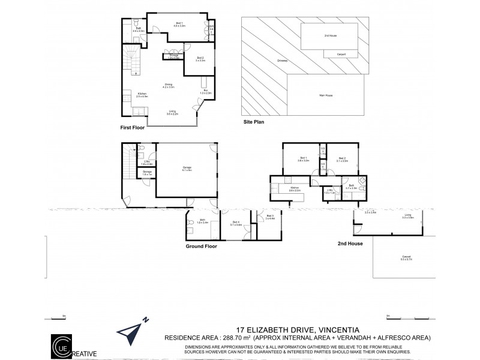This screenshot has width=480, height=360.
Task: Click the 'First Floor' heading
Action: (x=133, y=128)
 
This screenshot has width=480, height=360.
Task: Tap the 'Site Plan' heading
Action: (x=254, y=121)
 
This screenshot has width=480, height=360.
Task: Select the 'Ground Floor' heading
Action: (x=201, y=246)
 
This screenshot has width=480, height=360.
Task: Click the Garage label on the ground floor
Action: (x=187, y=168)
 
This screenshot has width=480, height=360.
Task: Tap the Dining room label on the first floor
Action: (x=169, y=86)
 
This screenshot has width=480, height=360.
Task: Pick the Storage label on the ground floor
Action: (x=146, y=173)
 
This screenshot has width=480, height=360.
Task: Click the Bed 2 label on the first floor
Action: (x=200, y=59)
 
